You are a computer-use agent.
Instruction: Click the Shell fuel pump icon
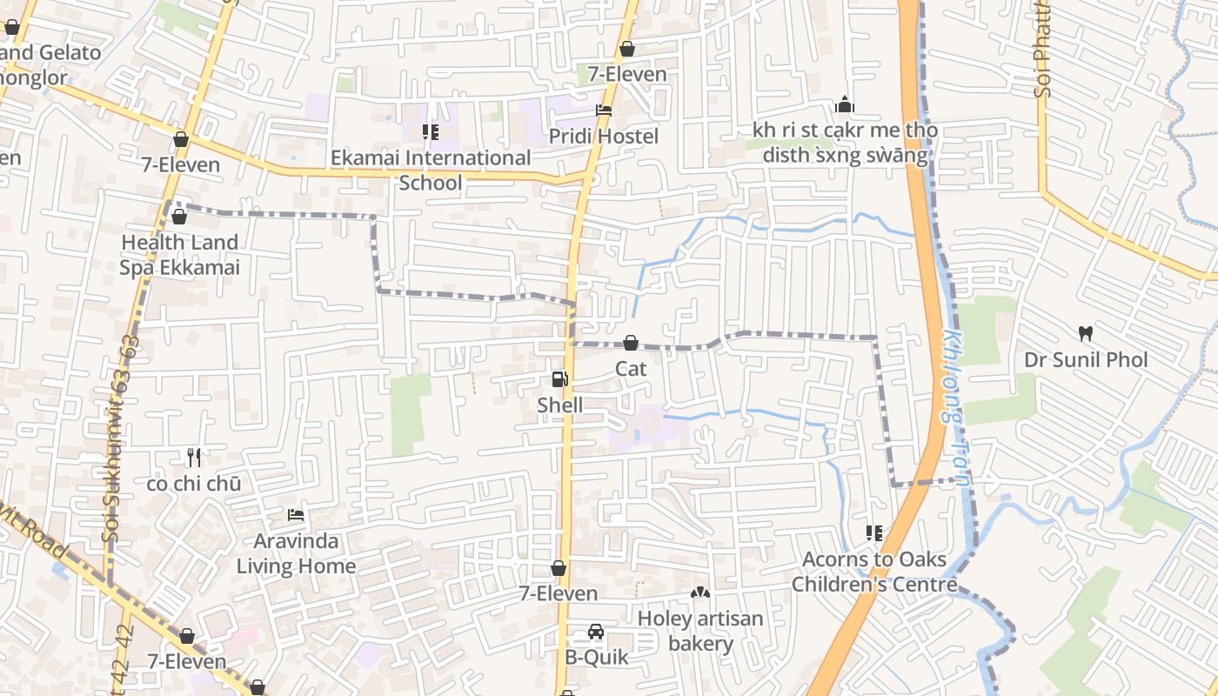(x=559, y=379)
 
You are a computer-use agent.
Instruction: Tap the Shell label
(x=559, y=405)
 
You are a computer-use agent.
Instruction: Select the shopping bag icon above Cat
(x=631, y=344)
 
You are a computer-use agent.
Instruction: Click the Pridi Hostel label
(x=604, y=137)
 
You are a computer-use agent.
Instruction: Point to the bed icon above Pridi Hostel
(x=604, y=110)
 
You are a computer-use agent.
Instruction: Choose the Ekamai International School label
(x=431, y=171)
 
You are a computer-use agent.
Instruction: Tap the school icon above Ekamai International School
(x=430, y=132)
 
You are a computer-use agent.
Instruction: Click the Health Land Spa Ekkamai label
(x=179, y=255)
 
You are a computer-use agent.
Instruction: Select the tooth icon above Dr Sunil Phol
(x=1085, y=333)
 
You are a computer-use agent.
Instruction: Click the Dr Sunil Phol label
(x=1085, y=360)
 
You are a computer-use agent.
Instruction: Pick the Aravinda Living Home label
(x=296, y=554)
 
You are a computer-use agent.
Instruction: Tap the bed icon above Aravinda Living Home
(x=296, y=514)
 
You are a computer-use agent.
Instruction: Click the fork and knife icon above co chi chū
(x=194, y=457)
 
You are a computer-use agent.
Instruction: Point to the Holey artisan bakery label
(x=700, y=632)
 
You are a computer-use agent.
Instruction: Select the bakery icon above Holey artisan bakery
(x=700, y=592)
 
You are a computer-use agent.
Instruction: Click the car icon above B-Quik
(x=596, y=632)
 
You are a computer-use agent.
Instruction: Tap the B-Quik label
(x=596, y=658)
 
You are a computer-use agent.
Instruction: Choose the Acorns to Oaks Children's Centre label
(x=874, y=572)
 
